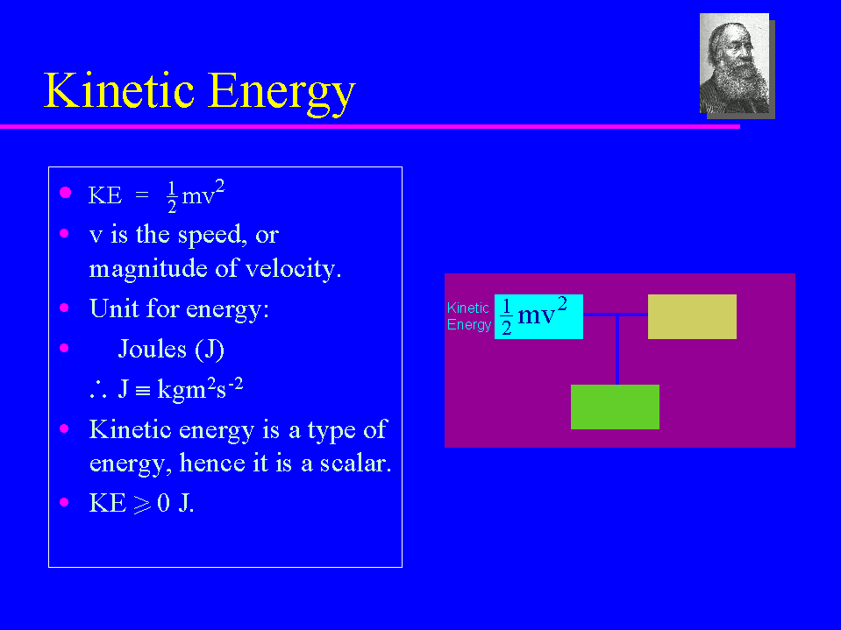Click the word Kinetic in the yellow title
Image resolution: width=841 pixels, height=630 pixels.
tap(118, 89)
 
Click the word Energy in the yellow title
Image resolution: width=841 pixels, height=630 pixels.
tap(282, 93)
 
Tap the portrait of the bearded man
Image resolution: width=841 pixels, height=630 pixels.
tap(734, 63)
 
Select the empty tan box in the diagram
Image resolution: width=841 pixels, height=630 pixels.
tap(692, 316)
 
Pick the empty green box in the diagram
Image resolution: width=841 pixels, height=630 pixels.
tap(615, 407)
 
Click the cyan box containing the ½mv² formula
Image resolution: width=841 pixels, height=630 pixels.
tap(538, 316)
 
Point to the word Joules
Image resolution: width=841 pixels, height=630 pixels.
tap(153, 349)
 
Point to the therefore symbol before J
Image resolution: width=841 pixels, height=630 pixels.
tap(98, 389)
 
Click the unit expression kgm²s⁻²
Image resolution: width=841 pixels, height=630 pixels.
tap(200, 388)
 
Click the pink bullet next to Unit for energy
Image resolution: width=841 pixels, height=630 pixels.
tap(64, 308)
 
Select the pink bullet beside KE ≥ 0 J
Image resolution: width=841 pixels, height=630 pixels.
tap(64, 502)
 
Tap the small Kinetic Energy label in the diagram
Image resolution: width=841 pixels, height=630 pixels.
tap(469, 316)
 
